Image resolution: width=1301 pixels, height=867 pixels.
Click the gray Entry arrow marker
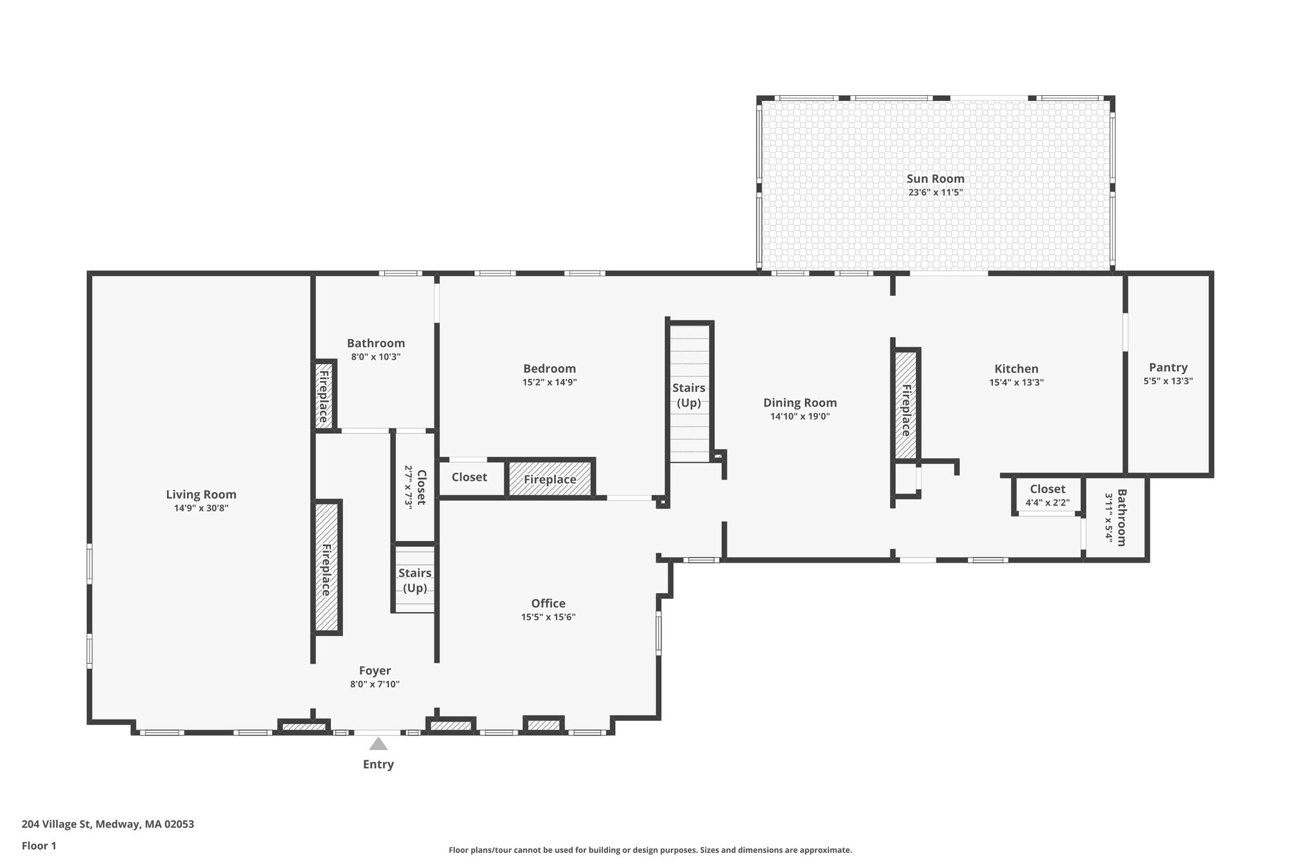(378, 744)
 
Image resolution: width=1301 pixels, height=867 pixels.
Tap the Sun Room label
(935, 179)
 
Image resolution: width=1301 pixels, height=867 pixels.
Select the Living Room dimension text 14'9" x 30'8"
(201, 508)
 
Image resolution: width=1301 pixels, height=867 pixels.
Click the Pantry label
(1168, 368)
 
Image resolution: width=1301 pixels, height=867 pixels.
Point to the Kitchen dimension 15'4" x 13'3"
(1016, 382)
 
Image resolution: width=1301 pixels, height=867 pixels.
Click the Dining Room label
(800, 403)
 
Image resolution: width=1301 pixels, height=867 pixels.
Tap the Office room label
(548, 603)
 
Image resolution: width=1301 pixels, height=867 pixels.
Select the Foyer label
(375, 671)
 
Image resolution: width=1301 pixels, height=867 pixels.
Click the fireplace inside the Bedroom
(550, 478)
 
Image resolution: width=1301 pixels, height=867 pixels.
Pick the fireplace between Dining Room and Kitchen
(906, 404)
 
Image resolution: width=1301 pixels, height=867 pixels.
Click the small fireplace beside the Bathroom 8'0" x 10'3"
(324, 395)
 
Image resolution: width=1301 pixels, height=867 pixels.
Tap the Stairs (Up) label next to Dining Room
(689, 395)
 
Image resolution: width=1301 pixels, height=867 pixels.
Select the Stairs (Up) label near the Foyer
(415, 581)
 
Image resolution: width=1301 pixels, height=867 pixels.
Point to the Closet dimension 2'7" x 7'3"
(409, 486)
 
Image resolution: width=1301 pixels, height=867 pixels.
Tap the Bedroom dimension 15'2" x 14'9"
(549, 382)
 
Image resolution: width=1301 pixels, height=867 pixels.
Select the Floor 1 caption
(39, 845)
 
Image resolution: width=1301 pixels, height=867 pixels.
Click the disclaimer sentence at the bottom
(650, 850)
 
